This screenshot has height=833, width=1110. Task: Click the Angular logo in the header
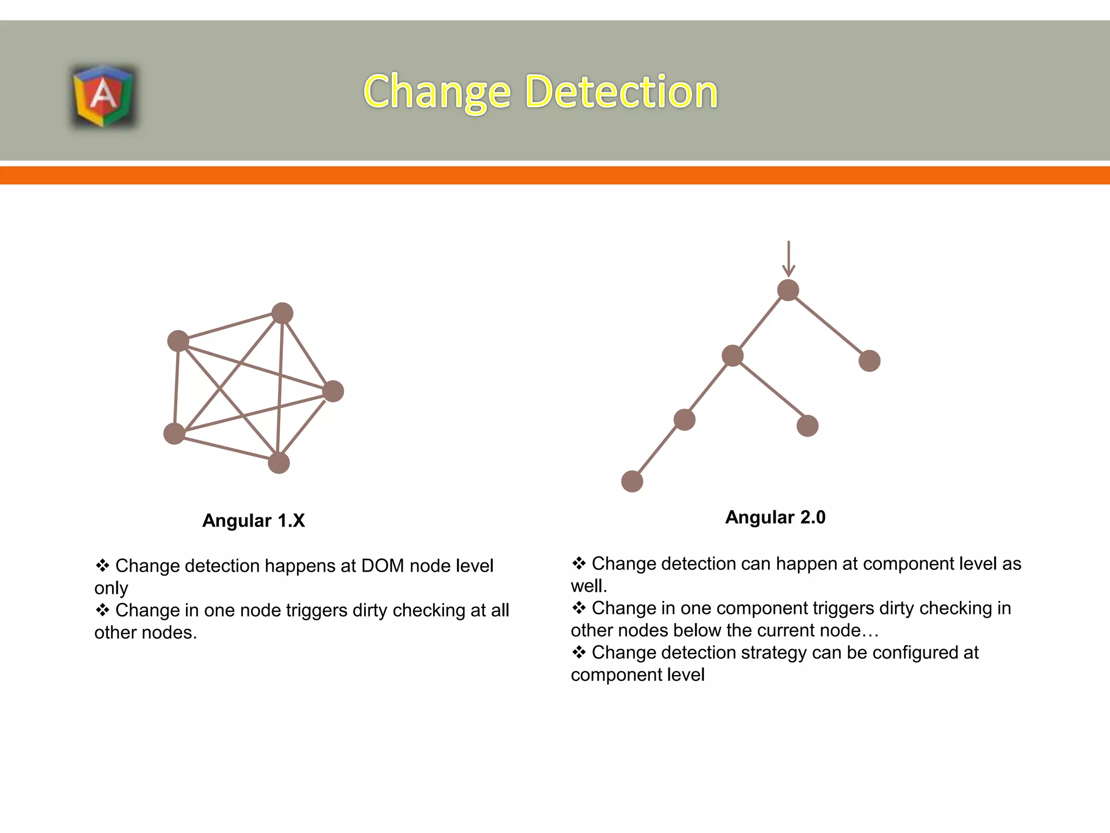click(103, 96)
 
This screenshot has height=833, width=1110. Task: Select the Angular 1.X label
click(253, 521)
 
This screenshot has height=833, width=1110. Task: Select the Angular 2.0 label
click(775, 517)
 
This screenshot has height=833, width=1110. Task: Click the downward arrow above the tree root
click(789, 259)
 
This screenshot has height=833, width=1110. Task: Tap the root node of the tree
click(788, 290)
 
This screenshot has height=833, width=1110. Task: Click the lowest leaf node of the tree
click(632, 481)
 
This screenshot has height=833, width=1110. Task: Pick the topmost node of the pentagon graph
click(282, 313)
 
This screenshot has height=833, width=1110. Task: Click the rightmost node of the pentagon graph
click(333, 391)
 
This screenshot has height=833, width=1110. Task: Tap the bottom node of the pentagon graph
click(279, 463)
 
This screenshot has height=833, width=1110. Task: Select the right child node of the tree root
click(869, 361)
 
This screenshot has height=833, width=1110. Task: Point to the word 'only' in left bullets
click(111, 588)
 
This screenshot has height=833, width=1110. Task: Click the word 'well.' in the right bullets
click(589, 586)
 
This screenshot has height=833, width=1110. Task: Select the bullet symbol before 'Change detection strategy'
click(579, 652)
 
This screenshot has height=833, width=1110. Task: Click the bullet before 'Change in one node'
click(102, 610)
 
